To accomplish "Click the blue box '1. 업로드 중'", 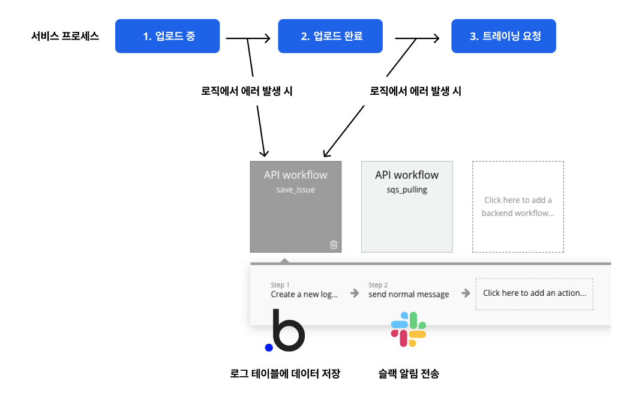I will point(167,36).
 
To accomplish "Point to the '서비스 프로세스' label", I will point(65,36).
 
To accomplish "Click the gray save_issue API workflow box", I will point(296,206).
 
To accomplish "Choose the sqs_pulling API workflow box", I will point(407,206).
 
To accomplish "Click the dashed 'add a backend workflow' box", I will point(518,206).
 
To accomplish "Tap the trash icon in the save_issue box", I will point(334,244).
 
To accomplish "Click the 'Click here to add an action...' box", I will point(535,293).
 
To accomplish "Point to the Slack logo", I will point(409,329).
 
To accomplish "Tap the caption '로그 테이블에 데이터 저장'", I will point(285,374).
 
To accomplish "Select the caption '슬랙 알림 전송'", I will point(409,374).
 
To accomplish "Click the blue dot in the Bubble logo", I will point(269,347).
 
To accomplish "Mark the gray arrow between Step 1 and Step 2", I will point(355,293).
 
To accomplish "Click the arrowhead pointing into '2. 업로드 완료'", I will point(267,39).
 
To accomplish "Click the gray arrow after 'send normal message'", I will point(466,293).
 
